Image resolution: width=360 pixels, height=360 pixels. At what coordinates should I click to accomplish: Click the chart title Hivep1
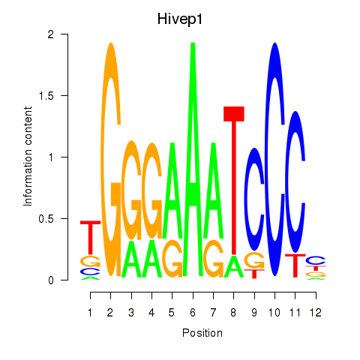click(180, 19)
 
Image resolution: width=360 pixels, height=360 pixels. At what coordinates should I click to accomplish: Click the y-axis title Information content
click(28, 156)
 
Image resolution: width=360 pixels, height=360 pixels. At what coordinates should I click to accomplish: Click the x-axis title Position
click(202, 333)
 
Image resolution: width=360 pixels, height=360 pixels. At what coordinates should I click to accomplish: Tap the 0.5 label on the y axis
click(46, 219)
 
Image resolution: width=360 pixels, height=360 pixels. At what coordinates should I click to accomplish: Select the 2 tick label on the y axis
click(51, 34)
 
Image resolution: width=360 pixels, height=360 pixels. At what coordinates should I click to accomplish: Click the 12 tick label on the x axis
click(316, 313)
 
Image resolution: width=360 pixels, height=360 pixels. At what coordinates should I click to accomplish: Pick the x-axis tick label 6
click(193, 313)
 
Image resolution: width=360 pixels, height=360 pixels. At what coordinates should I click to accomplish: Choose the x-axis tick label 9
click(254, 313)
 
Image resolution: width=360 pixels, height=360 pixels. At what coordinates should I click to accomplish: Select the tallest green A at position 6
click(193, 160)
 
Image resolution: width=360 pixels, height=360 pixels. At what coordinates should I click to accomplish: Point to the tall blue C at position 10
click(274, 160)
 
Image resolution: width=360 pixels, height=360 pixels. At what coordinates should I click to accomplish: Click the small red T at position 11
click(295, 265)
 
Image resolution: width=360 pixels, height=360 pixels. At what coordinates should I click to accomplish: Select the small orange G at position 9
click(254, 261)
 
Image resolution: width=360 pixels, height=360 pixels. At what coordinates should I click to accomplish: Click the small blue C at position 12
click(316, 260)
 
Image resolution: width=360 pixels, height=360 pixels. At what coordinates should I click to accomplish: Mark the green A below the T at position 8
click(234, 266)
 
